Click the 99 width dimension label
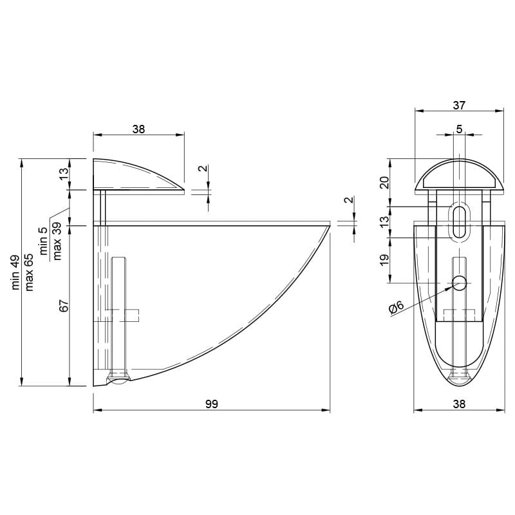coord(212,404)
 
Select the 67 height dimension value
coord(64,306)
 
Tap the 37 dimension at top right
coord(459,106)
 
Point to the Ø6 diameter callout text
coord(396,308)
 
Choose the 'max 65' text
coord(29,272)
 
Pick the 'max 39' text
coord(57,241)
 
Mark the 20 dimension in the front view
coord(384,183)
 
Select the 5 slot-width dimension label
coord(459,129)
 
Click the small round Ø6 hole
coord(459,283)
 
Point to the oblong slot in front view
coord(459,222)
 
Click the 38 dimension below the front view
coord(459,404)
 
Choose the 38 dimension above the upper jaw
coord(138,129)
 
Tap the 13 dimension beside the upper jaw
coord(64,173)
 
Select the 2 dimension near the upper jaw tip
coord(203,168)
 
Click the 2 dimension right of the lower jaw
coord(350,200)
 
